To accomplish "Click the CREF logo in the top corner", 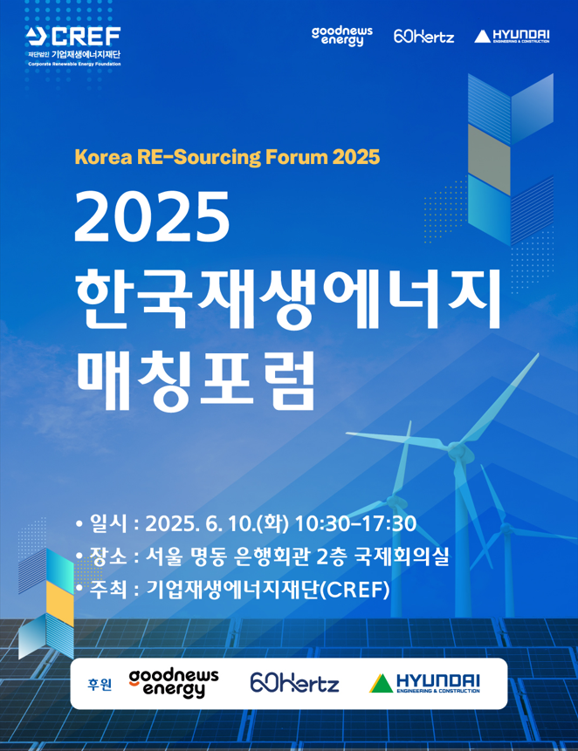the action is pyautogui.click(x=73, y=46).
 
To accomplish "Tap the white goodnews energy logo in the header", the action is pyautogui.click(x=341, y=37).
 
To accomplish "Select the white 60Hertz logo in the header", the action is pyautogui.click(x=423, y=36).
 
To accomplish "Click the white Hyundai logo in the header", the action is pyautogui.click(x=512, y=36).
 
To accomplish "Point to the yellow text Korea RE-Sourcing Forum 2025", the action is pyautogui.click(x=227, y=157).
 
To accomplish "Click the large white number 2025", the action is pyautogui.click(x=152, y=216).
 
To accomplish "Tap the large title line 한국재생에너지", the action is pyautogui.click(x=287, y=299).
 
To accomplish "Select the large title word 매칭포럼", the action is pyautogui.click(x=195, y=381).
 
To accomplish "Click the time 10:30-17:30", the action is pyautogui.click(x=355, y=523).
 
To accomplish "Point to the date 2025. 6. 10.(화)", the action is pyautogui.click(x=217, y=523).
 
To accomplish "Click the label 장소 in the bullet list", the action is pyautogui.click(x=108, y=556).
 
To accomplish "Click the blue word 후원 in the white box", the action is pyautogui.click(x=100, y=685).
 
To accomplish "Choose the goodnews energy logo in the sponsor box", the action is pyautogui.click(x=174, y=684).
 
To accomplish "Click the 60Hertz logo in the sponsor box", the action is pyautogui.click(x=294, y=682).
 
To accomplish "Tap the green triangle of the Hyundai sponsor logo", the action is pyautogui.click(x=381, y=684).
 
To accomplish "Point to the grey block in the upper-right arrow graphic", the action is pyautogui.click(x=489, y=160).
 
